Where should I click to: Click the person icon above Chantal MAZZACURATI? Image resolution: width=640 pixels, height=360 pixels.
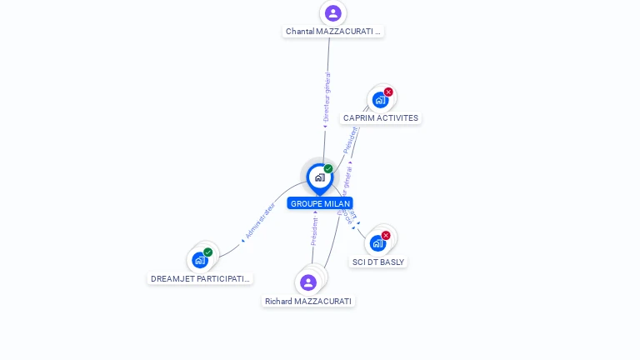333,13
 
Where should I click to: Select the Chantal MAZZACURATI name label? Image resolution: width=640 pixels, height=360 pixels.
333,32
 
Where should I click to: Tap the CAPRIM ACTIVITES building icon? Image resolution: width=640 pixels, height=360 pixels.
380,100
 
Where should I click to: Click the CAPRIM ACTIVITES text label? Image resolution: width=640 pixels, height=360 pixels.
381,118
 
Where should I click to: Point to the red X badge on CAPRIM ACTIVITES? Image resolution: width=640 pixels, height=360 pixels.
388,92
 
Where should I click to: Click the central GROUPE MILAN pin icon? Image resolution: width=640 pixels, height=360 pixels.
319,177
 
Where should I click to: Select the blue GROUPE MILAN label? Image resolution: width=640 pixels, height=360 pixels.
320,203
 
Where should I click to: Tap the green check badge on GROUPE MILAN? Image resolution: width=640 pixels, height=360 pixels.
328,169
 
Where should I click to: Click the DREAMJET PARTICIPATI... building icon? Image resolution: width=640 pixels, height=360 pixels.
200,260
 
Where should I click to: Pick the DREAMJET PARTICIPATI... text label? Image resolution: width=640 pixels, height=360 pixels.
200,279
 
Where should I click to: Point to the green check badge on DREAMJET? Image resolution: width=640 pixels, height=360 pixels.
208,252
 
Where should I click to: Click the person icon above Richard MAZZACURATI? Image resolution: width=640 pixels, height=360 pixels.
308,282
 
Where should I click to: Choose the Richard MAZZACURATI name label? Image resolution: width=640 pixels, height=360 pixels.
308,302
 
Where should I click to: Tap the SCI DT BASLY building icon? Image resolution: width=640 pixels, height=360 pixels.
377,243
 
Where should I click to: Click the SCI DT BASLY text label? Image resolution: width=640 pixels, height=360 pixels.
378,262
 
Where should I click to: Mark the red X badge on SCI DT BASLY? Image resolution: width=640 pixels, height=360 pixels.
386,235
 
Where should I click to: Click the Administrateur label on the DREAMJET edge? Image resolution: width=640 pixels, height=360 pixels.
261,220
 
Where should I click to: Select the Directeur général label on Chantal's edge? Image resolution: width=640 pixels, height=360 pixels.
327,97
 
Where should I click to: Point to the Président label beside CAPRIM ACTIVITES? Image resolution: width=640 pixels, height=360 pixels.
351,139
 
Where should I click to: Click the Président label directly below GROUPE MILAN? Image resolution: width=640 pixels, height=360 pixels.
314,231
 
